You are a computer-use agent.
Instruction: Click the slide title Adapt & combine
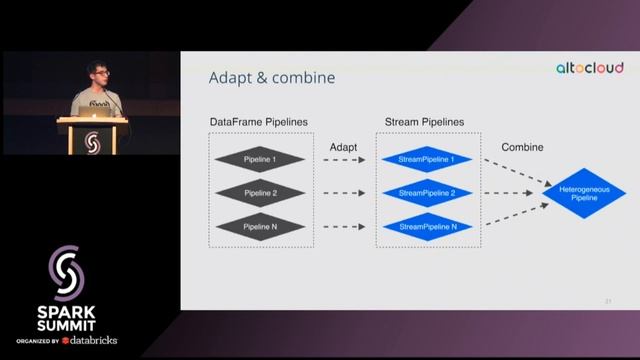pyautogui.click(x=271, y=78)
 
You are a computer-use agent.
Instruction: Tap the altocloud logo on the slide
pyautogui.click(x=590, y=68)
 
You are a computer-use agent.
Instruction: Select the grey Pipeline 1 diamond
pyautogui.click(x=260, y=160)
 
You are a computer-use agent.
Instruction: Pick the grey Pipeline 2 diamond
pyautogui.click(x=260, y=193)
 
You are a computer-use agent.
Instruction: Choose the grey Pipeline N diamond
pyautogui.click(x=260, y=227)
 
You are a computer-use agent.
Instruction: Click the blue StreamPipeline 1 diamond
pyautogui.click(x=427, y=160)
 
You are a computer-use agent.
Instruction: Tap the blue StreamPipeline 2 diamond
pyautogui.click(x=427, y=193)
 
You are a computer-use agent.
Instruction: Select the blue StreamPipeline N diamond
pyautogui.click(x=427, y=227)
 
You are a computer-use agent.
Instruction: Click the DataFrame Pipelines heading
pyautogui.click(x=259, y=122)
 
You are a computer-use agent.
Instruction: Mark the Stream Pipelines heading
pyautogui.click(x=425, y=122)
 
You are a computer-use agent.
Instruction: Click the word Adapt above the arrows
pyautogui.click(x=344, y=147)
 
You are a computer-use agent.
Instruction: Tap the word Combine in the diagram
pyautogui.click(x=522, y=147)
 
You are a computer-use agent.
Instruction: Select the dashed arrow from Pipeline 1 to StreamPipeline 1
pyautogui.click(x=345, y=160)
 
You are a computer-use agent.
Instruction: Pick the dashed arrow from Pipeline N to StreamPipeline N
pyautogui.click(x=345, y=227)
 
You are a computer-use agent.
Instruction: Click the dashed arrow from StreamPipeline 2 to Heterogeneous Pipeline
pyautogui.click(x=511, y=193)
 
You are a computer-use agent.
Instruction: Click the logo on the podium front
pyautogui.click(x=93, y=140)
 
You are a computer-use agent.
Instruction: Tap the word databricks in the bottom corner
pyautogui.click(x=94, y=340)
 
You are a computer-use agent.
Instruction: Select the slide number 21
pyautogui.click(x=607, y=300)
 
